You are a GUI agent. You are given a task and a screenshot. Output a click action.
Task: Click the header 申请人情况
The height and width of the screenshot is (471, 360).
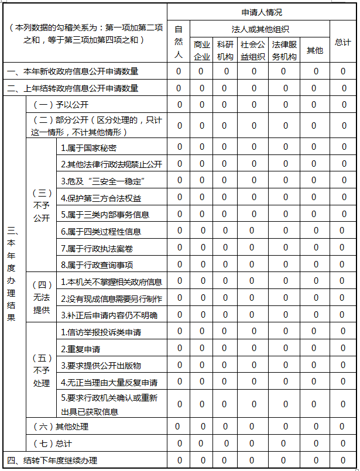[262, 12]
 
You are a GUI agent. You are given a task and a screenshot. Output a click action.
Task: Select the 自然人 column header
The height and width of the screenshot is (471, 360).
[179, 42]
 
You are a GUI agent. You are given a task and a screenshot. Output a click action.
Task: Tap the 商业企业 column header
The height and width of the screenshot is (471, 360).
[202, 50]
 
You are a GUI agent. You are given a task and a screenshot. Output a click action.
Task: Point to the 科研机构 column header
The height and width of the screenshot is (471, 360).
[225, 50]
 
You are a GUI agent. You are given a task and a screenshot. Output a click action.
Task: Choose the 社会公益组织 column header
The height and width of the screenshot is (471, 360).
[253, 50]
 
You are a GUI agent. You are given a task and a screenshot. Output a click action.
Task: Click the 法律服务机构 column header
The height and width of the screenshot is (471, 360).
[284, 50]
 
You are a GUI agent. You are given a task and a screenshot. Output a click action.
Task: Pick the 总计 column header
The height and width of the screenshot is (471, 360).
[343, 42]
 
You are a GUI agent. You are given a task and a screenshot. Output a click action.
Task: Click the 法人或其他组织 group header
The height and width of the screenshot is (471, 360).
[260, 29]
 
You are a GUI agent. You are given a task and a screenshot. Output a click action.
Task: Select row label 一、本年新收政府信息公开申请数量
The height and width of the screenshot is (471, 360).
[73, 71]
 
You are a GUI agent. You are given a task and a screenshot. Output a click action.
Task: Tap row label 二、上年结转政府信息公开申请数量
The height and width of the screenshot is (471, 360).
[73, 88]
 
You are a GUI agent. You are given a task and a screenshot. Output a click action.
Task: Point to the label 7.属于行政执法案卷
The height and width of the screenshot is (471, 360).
[97, 248]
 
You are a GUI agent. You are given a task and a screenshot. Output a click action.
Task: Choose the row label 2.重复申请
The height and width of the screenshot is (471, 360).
[81, 349]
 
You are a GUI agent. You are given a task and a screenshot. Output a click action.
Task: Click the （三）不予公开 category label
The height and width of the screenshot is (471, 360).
[42, 205]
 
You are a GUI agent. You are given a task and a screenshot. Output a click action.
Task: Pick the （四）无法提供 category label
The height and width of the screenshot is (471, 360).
[42, 298]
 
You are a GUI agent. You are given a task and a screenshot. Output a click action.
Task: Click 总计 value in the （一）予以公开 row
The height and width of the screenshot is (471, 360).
[344, 105]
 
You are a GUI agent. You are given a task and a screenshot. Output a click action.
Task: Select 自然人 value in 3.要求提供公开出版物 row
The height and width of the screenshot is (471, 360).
[179, 366]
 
